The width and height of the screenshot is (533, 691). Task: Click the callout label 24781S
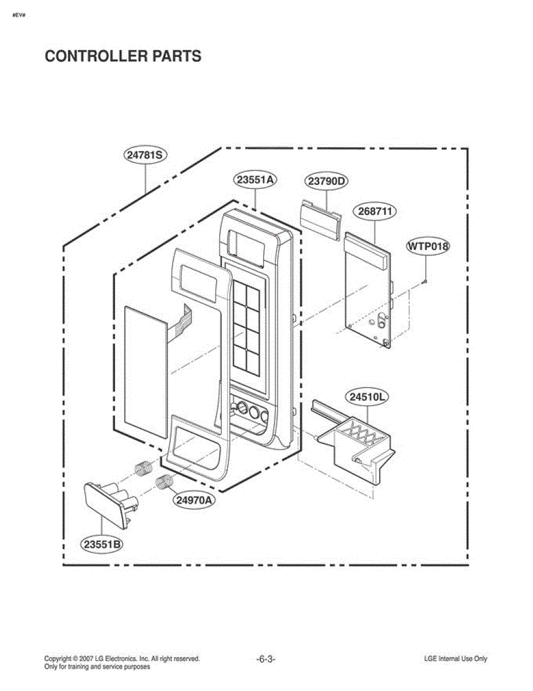tap(144, 154)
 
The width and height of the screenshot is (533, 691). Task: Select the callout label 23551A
tap(254, 179)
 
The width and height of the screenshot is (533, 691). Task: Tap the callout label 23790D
tap(326, 181)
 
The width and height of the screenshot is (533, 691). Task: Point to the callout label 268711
tap(375, 211)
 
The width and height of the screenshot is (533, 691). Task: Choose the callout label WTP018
tap(428, 246)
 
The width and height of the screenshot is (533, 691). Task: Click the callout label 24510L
tap(367, 397)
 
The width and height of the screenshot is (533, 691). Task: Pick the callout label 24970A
tap(193, 500)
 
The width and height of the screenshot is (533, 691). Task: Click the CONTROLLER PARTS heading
tap(123, 56)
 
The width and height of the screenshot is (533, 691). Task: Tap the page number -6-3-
tap(266, 659)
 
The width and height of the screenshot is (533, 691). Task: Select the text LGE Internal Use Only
tap(455, 659)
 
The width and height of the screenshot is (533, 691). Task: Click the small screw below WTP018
tap(424, 281)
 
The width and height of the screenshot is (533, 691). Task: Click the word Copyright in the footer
tap(58, 659)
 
